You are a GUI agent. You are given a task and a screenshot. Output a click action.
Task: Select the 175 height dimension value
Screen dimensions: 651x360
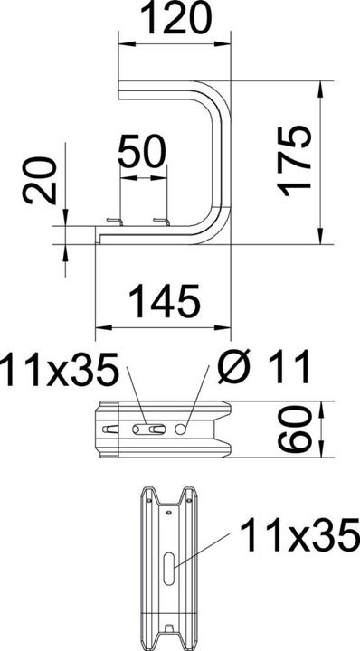295,160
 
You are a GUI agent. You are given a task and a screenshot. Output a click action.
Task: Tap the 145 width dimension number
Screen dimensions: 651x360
165,299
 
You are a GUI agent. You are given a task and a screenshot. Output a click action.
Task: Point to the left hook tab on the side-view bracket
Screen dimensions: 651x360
112,222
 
